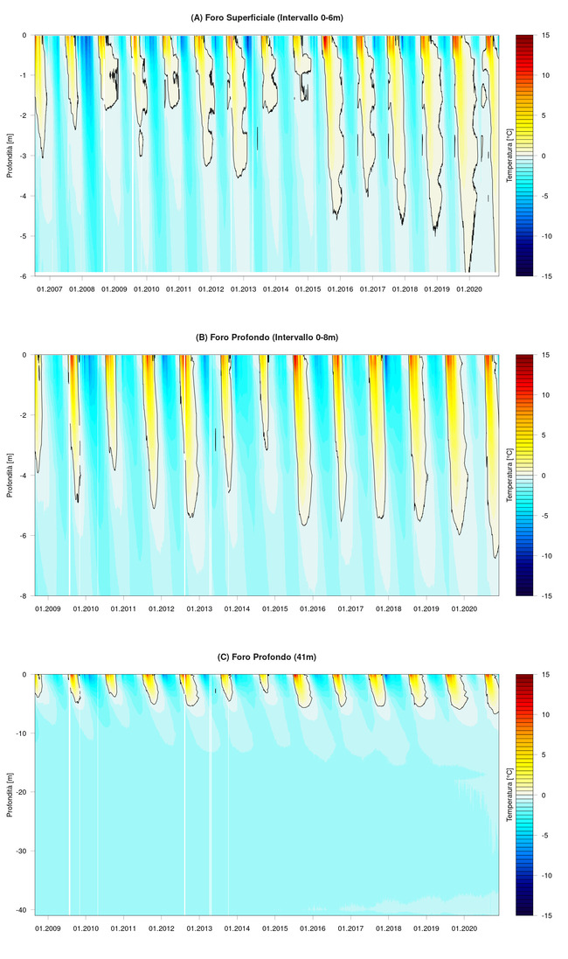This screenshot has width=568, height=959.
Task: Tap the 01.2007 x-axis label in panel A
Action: pos(49,288)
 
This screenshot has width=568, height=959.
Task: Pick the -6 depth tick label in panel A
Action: pos(24,276)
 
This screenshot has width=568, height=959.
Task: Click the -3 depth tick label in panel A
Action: pos(24,156)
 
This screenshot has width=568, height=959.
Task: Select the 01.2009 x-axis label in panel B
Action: pos(47,608)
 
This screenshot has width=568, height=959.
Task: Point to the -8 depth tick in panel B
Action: pos(24,596)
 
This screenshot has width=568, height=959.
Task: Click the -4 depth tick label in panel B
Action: pos(24,476)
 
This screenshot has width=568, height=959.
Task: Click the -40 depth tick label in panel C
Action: pos(23,910)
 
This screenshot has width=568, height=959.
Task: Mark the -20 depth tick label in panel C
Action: pos(23,792)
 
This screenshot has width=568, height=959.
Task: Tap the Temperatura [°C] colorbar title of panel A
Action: pos(509,156)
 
